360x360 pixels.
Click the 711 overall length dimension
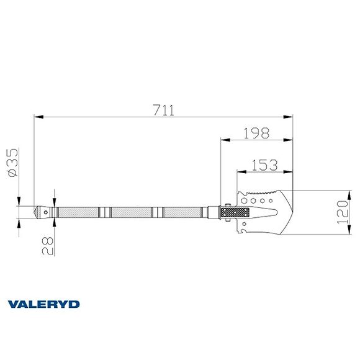pyautogui.click(x=163, y=110)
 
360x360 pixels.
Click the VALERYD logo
pyautogui.click(x=43, y=304)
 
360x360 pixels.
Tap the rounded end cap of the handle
pyautogui.click(x=42, y=212)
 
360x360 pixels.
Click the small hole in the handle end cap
pyautogui.click(x=45, y=212)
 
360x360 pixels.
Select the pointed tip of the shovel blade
pyautogui.click(x=290, y=212)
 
